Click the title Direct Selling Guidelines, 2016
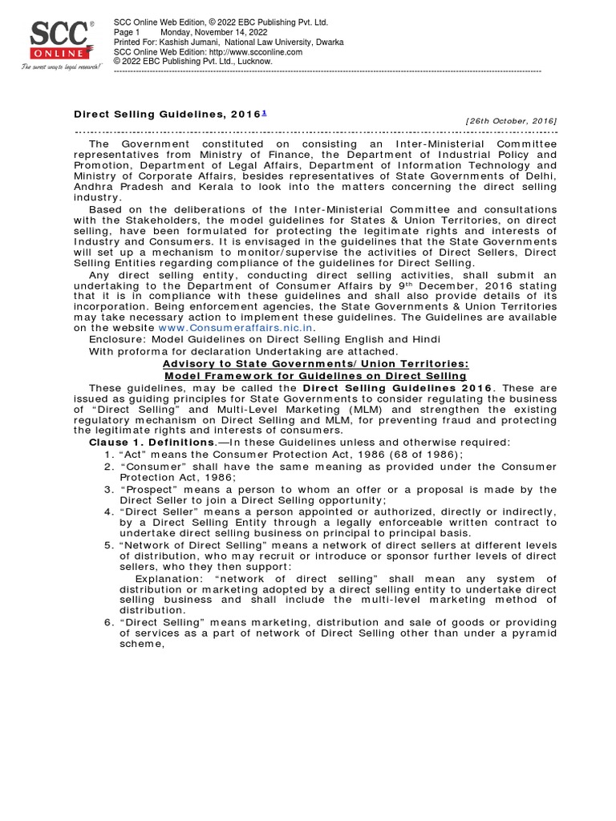click(x=167, y=115)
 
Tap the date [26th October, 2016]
click(x=511, y=120)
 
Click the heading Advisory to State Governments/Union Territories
click(x=315, y=364)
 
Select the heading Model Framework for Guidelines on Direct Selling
click(x=315, y=375)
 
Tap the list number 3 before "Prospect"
click(x=107, y=488)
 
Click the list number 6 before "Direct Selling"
click(x=107, y=623)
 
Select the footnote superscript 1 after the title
click(x=265, y=112)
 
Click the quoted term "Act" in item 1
click(x=132, y=454)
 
